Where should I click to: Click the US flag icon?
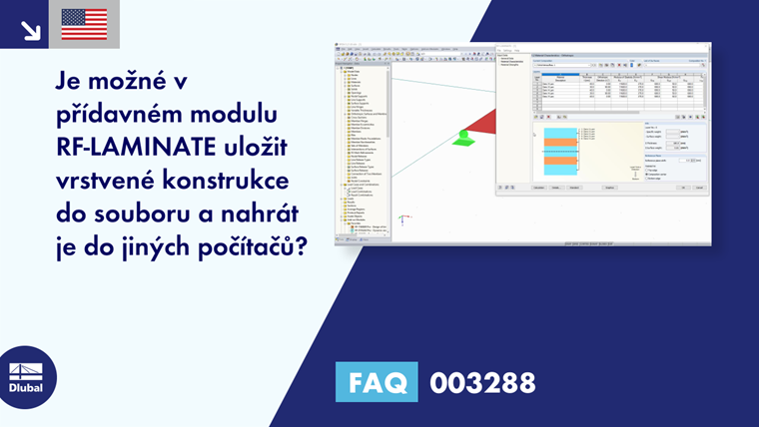(x=84, y=24)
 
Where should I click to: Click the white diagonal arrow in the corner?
(x=30, y=27)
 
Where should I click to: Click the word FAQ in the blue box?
(x=378, y=382)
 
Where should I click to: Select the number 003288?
(x=482, y=382)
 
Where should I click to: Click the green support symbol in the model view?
(x=462, y=138)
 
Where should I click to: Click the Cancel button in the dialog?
(x=699, y=187)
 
